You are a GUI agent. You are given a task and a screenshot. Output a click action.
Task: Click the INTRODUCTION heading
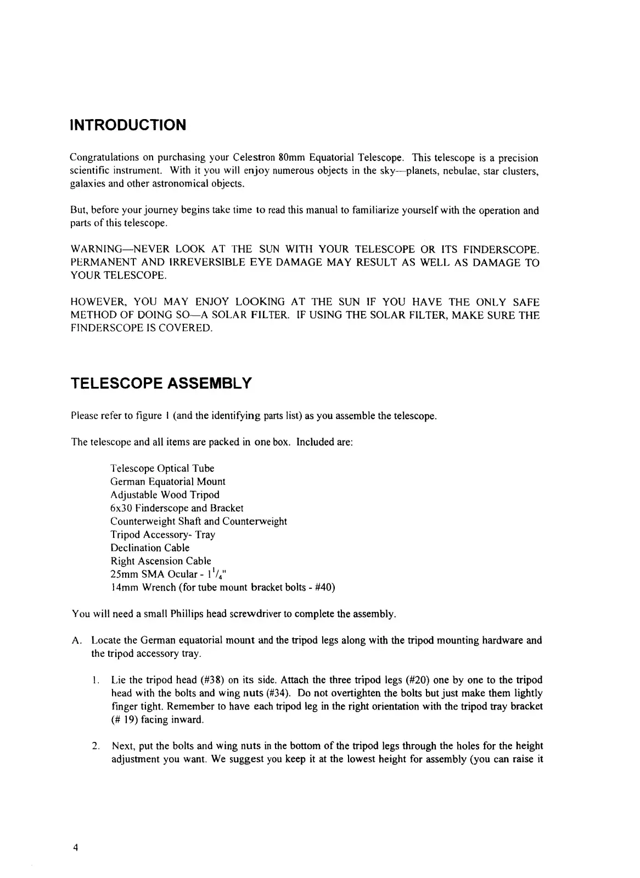pos(128,125)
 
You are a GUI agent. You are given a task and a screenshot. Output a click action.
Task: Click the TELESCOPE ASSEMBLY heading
pos(161,383)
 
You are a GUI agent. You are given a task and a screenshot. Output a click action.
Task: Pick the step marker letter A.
pos(76,640)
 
